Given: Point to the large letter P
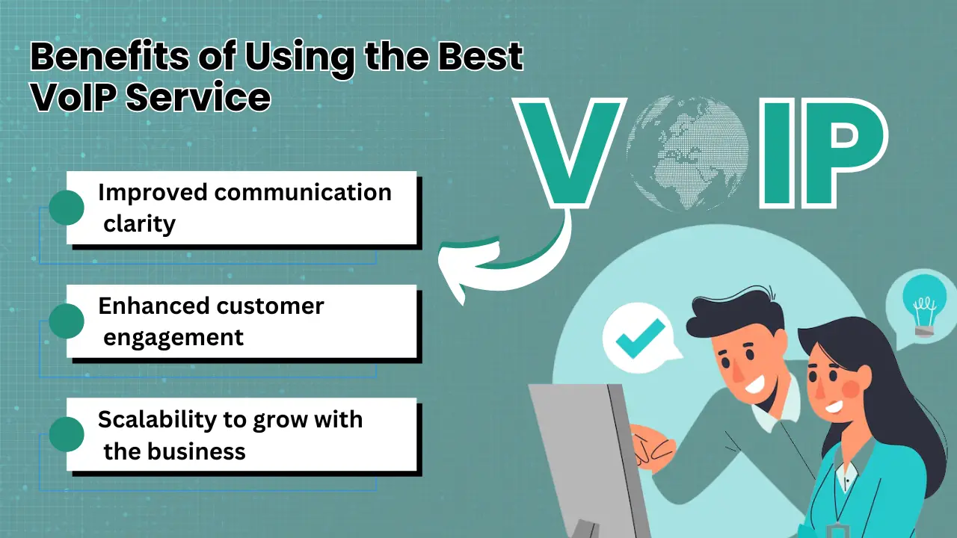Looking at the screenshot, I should [x=837, y=154].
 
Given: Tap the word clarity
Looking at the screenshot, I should [x=139, y=223].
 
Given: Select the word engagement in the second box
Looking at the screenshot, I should [x=173, y=337].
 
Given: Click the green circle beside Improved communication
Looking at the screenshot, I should [x=67, y=208].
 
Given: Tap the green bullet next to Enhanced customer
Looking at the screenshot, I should [x=67, y=321].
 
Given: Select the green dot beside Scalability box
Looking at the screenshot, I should [x=67, y=435].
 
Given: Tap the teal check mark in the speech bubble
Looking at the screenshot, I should [x=639, y=338].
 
